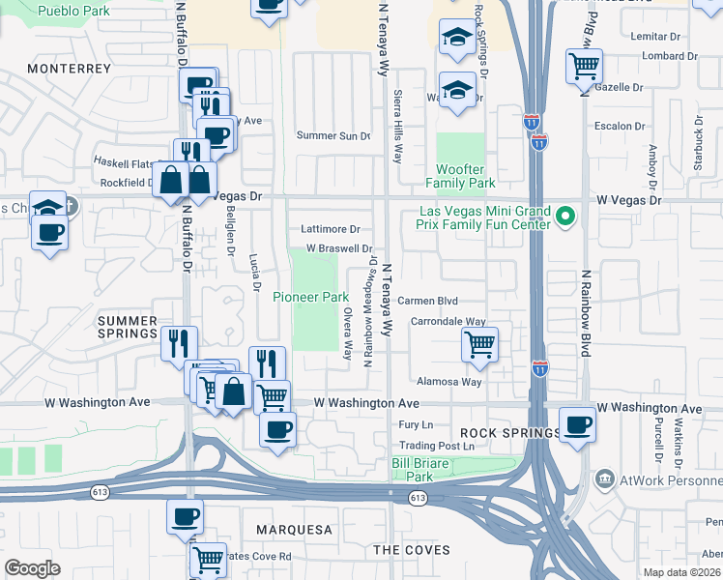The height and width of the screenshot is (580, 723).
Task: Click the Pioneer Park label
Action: (310, 297)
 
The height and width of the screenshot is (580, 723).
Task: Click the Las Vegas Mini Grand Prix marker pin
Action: (566, 217)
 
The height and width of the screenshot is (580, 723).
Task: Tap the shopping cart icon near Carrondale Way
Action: (479, 343)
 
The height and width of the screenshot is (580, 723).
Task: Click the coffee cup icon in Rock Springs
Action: (578, 424)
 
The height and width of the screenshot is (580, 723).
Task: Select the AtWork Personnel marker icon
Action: (604, 478)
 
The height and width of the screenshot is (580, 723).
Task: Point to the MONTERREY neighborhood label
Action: (70, 69)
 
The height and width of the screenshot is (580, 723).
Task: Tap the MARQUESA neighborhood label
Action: (295, 530)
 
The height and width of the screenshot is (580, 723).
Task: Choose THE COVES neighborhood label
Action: (412, 549)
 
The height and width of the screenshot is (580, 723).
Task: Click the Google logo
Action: (32, 567)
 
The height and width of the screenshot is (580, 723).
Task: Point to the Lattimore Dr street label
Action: (331, 229)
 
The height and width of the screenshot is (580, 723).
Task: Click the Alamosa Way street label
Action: (448, 382)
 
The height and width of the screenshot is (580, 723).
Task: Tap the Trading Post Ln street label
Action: (439, 447)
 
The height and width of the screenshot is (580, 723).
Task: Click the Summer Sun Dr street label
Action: (333, 135)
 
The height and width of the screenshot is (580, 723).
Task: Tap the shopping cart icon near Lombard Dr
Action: (584, 67)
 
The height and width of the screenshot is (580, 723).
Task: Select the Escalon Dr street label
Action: (620, 127)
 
